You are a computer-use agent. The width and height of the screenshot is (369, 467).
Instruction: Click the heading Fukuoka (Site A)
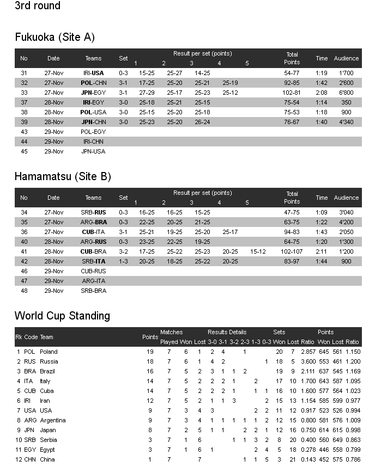tap(55, 37)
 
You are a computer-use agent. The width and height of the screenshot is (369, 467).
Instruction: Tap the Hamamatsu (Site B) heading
tap(63, 176)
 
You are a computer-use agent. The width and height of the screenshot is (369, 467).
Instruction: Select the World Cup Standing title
tap(62, 316)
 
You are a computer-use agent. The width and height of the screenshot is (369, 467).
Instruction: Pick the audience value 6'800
tap(346, 93)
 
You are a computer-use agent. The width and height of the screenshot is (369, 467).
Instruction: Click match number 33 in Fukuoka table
tap(24, 93)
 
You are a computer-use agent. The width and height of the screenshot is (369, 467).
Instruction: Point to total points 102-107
tap(292, 251)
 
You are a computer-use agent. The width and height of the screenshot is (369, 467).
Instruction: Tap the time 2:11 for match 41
tap(322, 251)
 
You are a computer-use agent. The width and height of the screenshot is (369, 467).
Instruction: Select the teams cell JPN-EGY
tap(93, 93)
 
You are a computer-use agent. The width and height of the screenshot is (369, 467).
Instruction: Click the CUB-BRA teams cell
tap(93, 251)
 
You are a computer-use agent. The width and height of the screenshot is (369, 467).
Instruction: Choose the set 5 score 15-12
tap(258, 251)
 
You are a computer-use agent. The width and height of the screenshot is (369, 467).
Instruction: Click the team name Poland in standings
tap(49, 352)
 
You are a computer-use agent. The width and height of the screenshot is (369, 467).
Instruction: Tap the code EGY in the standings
tap(31, 450)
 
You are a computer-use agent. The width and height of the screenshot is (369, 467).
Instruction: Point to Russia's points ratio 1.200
tap(352, 361)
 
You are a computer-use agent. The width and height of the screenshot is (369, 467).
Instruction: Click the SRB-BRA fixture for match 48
tap(93, 291)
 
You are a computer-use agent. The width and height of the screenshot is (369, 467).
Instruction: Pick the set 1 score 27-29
tap(147, 93)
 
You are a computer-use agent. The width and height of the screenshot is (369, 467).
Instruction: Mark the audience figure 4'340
tap(346, 122)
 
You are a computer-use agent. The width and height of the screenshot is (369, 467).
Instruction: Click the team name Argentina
tap(52, 420)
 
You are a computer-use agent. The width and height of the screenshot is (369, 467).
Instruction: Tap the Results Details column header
tap(227, 332)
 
